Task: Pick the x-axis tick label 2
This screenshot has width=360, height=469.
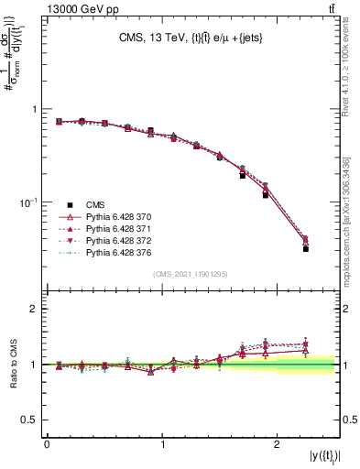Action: pos(278,444)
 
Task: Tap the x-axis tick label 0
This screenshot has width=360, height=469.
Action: pos(47,444)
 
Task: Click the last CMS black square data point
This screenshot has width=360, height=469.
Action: pos(306,248)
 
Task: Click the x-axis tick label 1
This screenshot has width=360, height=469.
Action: pos(162,444)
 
